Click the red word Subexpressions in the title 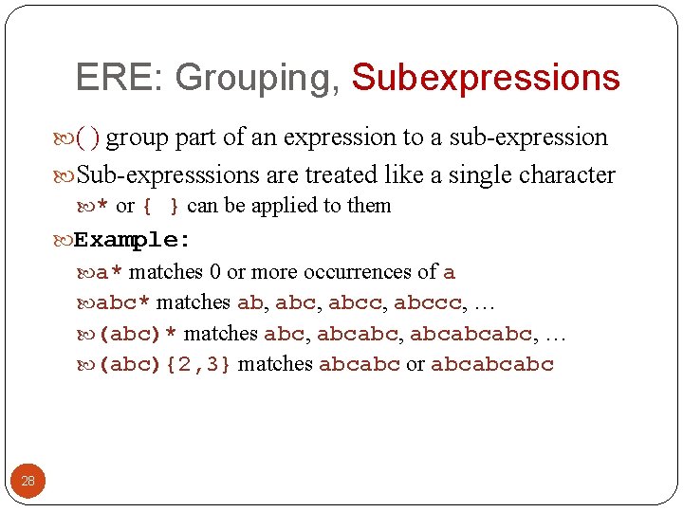pyautogui.click(x=486, y=78)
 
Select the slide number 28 pyautogui.click(x=28, y=481)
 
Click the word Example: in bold pyautogui.click(x=133, y=239)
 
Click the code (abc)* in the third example pyautogui.click(x=138, y=334)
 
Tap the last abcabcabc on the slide pyautogui.click(x=492, y=364)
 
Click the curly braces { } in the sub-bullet pyautogui.click(x=160, y=206)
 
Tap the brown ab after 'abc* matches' pyautogui.click(x=249, y=302)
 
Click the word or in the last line pyautogui.click(x=415, y=364)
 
